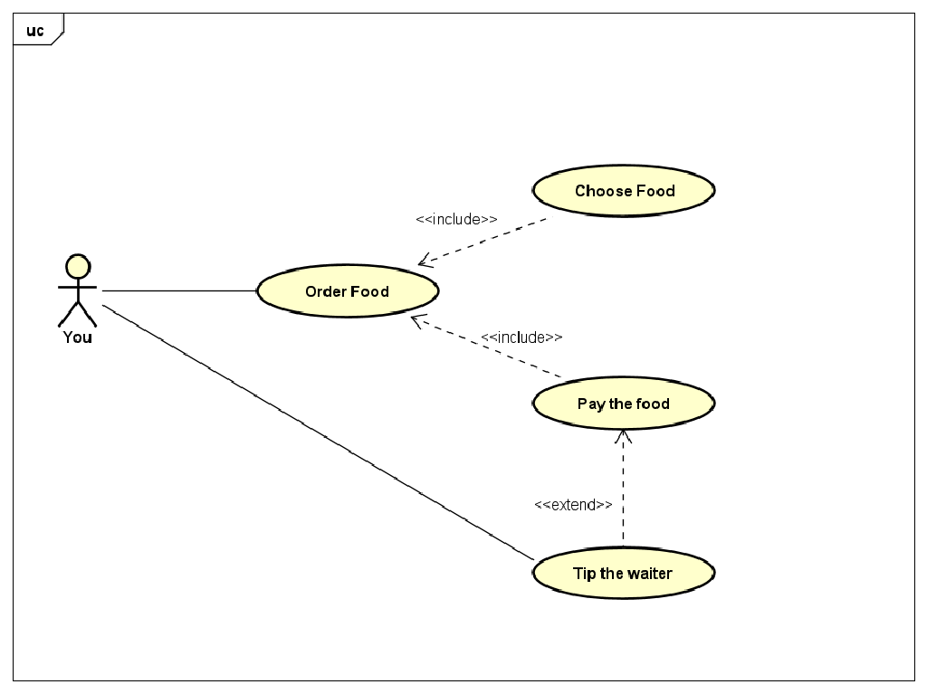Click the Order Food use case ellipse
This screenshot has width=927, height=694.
[348, 291]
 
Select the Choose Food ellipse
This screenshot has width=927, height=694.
[624, 191]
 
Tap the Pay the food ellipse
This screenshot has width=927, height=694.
[623, 404]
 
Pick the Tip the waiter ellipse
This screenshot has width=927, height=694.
[623, 574]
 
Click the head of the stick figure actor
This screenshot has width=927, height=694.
[78, 267]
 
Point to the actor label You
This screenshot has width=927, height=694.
[77, 337]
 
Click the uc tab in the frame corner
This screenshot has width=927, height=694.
[35, 31]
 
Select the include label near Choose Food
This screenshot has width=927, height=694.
[456, 219]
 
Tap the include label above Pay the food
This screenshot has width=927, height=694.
[521, 337]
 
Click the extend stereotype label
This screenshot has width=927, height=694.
[573, 505]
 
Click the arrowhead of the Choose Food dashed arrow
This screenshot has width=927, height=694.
[423, 262]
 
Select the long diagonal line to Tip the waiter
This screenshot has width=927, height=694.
[317, 432]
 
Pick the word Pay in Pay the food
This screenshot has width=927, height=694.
[590, 404]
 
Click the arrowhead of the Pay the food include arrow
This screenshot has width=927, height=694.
[416, 320]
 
